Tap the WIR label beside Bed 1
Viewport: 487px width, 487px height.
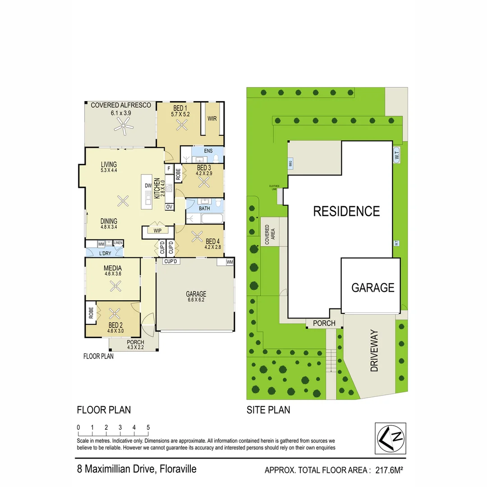click(x=212, y=119)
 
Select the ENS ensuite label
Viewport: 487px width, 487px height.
click(x=208, y=151)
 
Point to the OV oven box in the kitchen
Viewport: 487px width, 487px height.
click(x=169, y=207)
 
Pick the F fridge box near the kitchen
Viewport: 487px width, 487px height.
click(x=169, y=169)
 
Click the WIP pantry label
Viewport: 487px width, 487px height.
click(x=157, y=231)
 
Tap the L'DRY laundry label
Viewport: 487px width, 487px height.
click(x=105, y=253)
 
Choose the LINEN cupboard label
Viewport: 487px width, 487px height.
click(x=118, y=243)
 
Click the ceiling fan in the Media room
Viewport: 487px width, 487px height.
click(x=116, y=285)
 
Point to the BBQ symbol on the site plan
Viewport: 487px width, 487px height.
click(x=290, y=163)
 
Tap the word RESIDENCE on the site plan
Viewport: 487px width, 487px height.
click(x=346, y=211)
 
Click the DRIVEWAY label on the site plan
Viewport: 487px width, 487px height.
click(x=374, y=351)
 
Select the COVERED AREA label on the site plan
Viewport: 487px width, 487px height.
click(x=270, y=234)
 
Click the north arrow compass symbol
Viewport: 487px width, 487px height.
click(x=391, y=437)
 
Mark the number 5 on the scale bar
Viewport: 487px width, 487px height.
click(x=148, y=427)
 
